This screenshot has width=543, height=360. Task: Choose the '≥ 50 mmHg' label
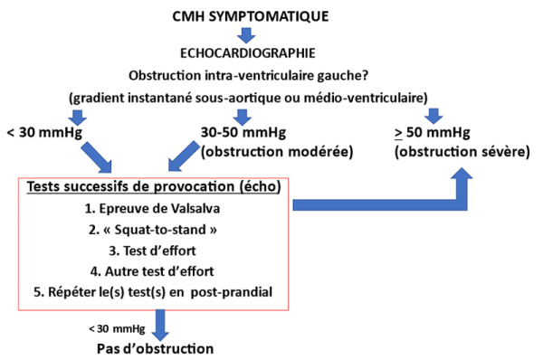click(x=433, y=132)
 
